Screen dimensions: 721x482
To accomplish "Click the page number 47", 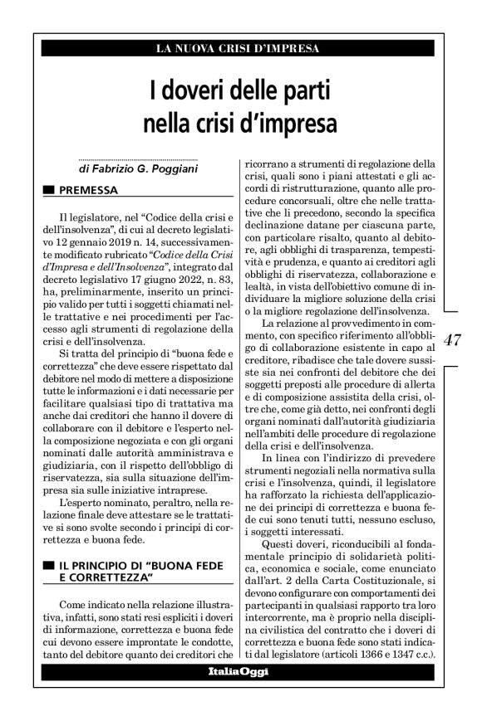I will pos(454,340).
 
